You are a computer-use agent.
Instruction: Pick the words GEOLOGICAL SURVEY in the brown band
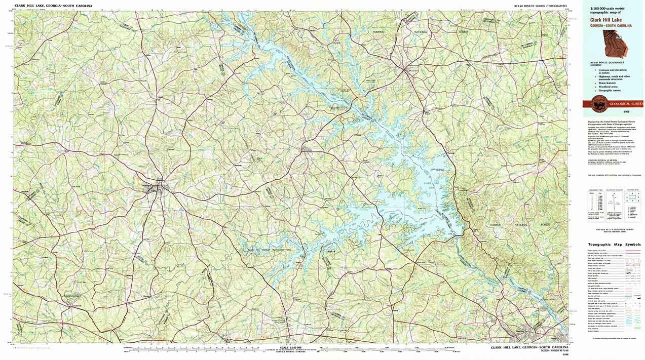coord(626,103)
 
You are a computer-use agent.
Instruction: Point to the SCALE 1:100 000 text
coord(291,347)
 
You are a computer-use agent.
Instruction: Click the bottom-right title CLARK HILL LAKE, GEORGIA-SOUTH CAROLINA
coord(529,348)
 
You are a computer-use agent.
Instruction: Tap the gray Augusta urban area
coord(532,336)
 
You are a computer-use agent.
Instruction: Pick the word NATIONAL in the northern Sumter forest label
coord(422,31)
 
